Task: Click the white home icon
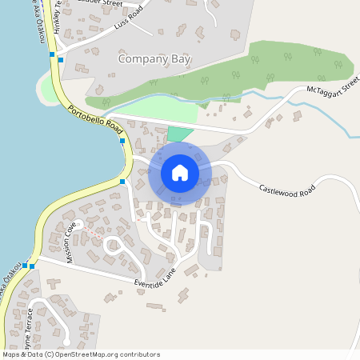click(179, 172)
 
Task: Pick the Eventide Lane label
click(155, 280)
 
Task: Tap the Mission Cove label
click(74, 243)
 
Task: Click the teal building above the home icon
click(181, 134)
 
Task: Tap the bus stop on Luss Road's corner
click(61, 59)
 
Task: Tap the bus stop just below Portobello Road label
click(122, 141)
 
